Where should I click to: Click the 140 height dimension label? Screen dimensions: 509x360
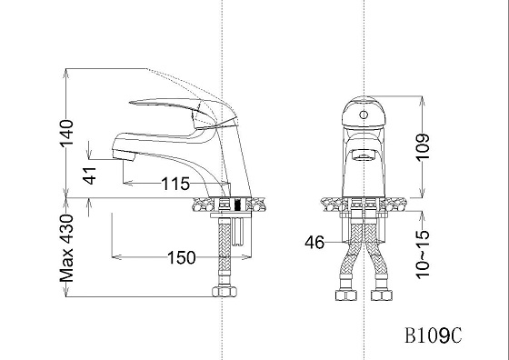point(66,133)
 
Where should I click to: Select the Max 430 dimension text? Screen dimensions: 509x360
point(66,247)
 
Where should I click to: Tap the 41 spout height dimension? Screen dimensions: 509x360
point(90,175)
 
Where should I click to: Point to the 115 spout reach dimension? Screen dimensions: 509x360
point(175,184)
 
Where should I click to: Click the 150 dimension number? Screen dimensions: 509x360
point(182,258)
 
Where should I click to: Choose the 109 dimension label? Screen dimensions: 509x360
point(423,146)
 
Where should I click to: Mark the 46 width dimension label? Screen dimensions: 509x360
point(314,242)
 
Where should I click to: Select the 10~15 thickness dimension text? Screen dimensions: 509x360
point(423,255)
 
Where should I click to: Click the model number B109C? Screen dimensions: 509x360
point(433,335)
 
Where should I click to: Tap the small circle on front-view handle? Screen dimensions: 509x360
point(364,115)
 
